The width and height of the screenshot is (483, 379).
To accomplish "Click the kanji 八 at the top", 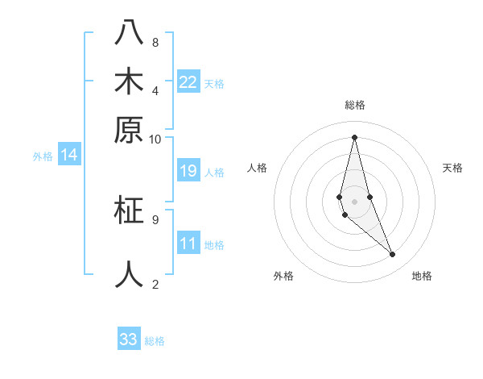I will pyautogui.click(x=129, y=32).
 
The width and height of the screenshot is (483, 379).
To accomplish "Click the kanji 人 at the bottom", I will pyautogui.click(x=129, y=274).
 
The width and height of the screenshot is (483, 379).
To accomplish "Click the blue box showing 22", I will pyautogui.click(x=188, y=81).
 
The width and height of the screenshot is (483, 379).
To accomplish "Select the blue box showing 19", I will pyautogui.click(x=188, y=171).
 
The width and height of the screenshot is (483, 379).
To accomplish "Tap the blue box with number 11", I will pyautogui.click(x=188, y=244).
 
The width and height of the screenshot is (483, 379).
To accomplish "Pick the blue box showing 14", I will pyautogui.click(x=69, y=155).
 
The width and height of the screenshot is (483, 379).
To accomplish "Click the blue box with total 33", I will pyautogui.click(x=129, y=339).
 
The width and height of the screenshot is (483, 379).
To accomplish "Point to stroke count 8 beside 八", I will pyautogui.click(x=155, y=42).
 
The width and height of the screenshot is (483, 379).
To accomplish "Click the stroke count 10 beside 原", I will pyautogui.click(x=155, y=139).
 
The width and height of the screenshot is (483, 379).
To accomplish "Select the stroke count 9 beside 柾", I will pyautogui.click(x=155, y=219).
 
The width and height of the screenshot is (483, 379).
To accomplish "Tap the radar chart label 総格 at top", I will pyautogui.click(x=355, y=105).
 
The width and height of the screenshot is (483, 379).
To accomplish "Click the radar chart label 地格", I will pyautogui.click(x=422, y=276).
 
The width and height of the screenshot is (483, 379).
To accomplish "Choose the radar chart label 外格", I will pyautogui.click(x=283, y=276).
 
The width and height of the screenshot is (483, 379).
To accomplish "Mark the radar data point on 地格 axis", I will pyautogui.click(x=393, y=255).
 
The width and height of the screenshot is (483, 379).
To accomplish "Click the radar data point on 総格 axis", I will pyautogui.click(x=354, y=136).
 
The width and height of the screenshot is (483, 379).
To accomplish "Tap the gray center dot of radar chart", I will pyautogui.click(x=354, y=201).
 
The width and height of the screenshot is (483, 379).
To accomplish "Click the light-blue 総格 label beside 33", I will pyautogui.click(x=155, y=341).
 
